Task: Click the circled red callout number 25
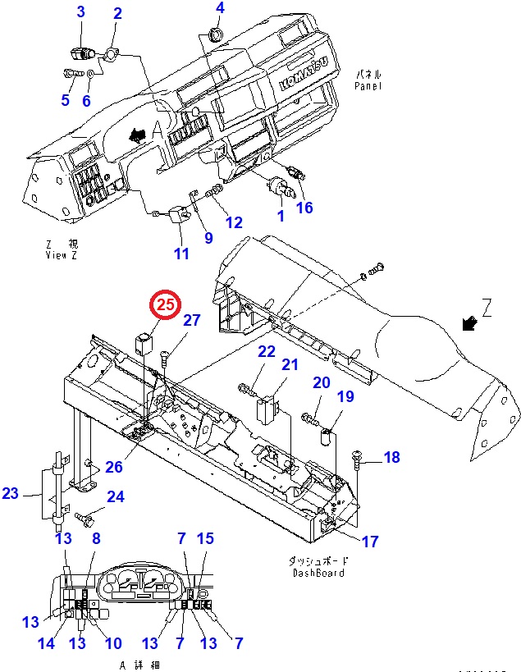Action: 166,305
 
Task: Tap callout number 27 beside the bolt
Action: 191,321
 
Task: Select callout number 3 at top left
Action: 80,11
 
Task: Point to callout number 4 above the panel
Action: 219,8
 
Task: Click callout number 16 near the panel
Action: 305,208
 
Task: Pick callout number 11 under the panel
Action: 181,254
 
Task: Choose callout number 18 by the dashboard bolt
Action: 392,457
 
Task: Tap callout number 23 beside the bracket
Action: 11,493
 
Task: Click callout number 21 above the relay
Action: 290,364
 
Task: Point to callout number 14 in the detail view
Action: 47,644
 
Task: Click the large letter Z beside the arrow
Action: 487,308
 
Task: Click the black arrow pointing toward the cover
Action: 471,323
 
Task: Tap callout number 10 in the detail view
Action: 113,644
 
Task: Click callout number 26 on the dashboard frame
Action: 113,467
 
